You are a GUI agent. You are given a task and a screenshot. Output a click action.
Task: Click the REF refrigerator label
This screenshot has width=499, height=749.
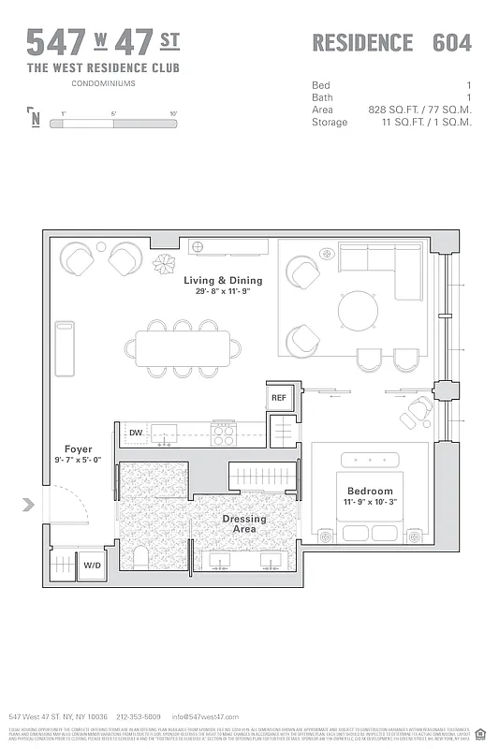279,398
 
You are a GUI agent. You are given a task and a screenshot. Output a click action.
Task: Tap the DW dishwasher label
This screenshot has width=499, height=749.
136,433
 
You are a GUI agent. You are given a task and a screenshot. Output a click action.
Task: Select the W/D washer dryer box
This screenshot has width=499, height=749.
92,565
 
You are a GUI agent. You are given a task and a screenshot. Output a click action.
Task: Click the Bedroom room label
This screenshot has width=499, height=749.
370,491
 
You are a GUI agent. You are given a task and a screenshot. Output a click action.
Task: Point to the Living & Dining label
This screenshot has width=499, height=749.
223,280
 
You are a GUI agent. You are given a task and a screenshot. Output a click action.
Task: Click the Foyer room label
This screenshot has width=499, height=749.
78,448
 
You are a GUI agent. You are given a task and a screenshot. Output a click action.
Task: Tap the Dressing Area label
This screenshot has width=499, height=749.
243,524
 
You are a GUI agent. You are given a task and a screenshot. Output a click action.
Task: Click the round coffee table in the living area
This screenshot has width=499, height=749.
359,310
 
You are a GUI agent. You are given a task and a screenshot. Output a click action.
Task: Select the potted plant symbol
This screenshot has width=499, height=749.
165,263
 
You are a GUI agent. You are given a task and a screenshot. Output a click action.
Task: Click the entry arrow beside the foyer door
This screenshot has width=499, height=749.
28,506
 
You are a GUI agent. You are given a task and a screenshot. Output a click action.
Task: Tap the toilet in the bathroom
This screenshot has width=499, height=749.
140,558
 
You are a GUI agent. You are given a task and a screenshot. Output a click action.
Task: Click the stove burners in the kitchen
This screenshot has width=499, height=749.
223,435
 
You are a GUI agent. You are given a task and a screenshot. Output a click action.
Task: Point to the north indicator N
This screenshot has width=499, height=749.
35,119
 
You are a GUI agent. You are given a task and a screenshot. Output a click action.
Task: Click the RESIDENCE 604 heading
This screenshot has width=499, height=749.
391,43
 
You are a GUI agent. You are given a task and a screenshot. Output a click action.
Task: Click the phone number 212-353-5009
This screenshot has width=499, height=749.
139,716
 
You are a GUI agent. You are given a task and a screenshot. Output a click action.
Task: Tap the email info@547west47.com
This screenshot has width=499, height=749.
199,716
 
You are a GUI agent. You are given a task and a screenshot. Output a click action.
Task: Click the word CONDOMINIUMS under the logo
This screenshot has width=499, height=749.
103,83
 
